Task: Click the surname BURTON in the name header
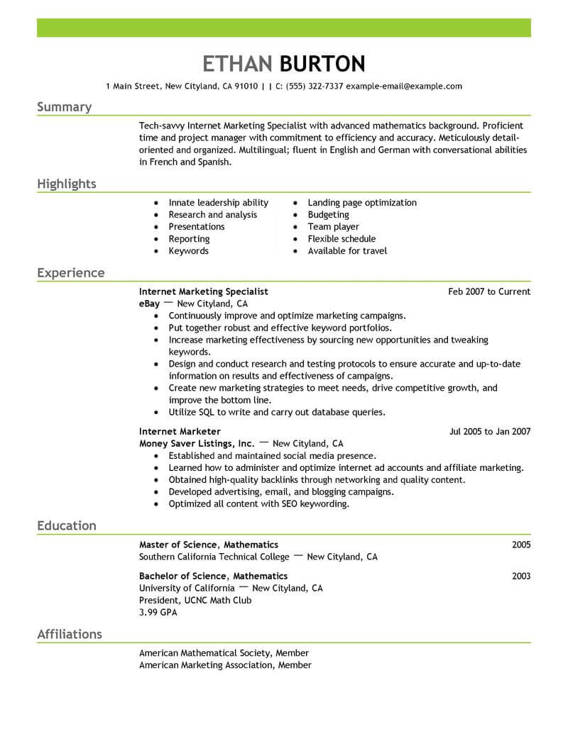(322, 64)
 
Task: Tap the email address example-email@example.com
(405, 87)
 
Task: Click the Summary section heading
(64, 107)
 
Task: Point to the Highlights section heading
(67, 184)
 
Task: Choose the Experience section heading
(71, 273)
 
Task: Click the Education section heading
(67, 526)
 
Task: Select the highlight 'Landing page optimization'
(362, 203)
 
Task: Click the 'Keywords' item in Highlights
(188, 251)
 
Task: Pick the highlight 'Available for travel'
(347, 251)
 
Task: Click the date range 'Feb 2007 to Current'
(489, 291)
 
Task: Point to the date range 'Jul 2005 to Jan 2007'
(490, 431)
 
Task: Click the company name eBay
(149, 304)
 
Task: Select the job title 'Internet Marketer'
(180, 431)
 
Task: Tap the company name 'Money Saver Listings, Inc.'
(197, 443)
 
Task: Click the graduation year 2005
(521, 545)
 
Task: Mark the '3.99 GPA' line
(157, 612)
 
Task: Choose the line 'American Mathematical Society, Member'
(224, 653)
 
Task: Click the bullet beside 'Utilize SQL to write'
(155, 413)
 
